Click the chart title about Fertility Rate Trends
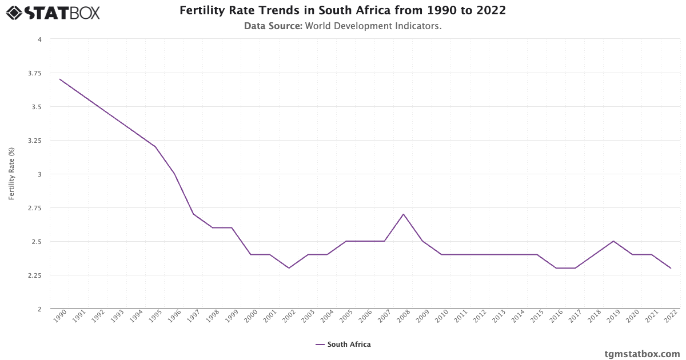(342, 11)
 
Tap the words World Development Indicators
(373, 26)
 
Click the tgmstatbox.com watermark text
(642, 354)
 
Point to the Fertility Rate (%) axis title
(11, 174)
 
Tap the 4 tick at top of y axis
(39, 39)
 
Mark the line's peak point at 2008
(403, 214)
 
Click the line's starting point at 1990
(60, 79)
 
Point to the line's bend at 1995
(155, 147)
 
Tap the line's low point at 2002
(289, 268)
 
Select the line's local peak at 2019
(613, 241)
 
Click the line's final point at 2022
(670, 268)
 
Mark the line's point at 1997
(193, 214)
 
